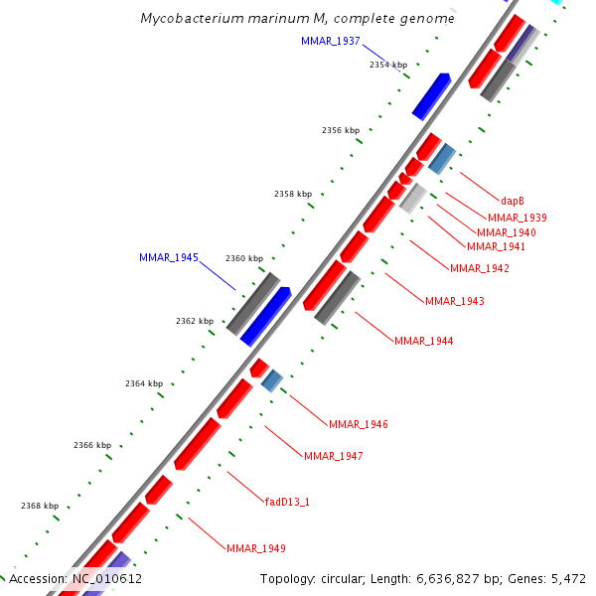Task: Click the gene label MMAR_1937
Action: tap(330, 41)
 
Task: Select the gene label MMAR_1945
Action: tap(168, 257)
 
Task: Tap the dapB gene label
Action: tap(512, 200)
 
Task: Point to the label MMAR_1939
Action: tap(517, 217)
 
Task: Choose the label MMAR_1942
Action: tap(479, 268)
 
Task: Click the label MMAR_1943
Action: tap(454, 301)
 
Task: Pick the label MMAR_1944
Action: tap(423, 341)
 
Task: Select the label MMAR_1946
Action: tap(358, 424)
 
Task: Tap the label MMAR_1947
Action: tap(333, 456)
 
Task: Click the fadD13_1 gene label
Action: tap(287, 502)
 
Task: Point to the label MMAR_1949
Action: tap(255, 548)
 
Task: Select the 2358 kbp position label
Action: tap(293, 194)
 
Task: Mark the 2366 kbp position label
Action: tap(92, 445)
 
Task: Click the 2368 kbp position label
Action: tap(40, 506)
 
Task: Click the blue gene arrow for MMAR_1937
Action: tap(431, 95)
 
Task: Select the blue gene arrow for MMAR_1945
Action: tap(265, 316)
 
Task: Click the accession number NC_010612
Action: tap(104, 578)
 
